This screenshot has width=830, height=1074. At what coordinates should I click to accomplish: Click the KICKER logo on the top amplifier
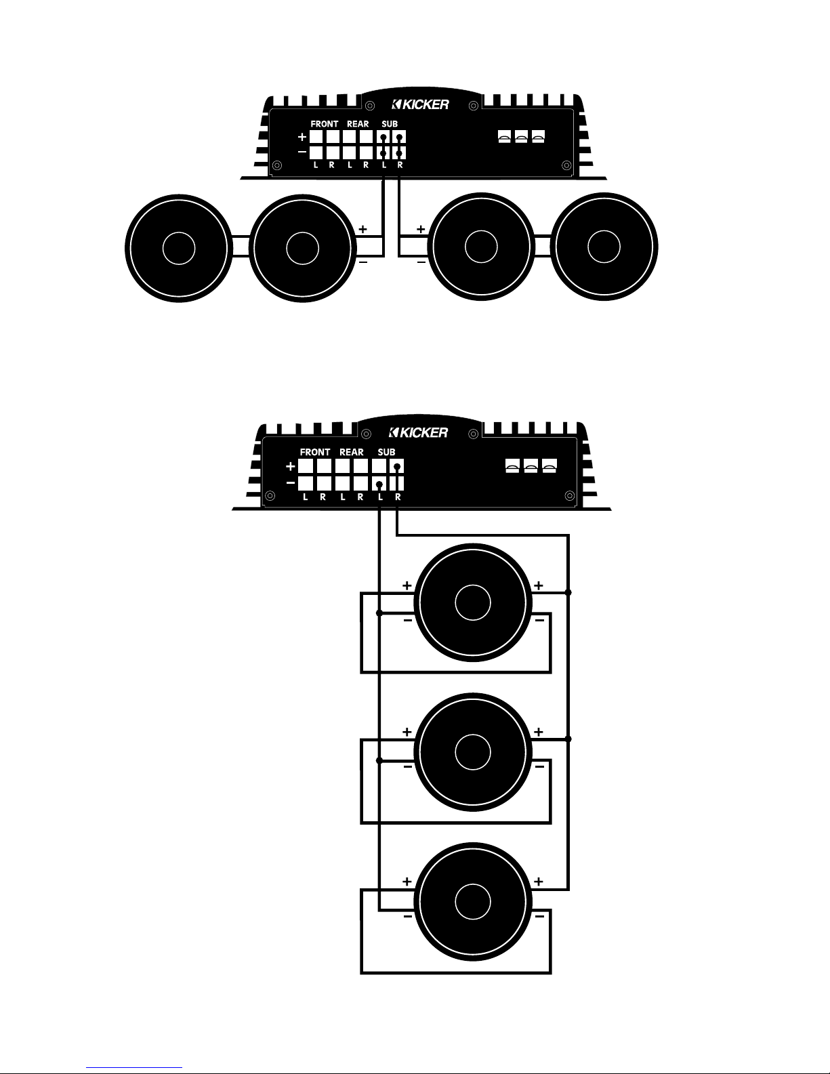421,104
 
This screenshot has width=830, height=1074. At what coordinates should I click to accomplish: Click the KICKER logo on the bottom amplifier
419,433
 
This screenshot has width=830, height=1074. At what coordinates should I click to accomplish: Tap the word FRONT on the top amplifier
325,124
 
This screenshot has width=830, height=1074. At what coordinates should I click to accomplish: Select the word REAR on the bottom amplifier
351,452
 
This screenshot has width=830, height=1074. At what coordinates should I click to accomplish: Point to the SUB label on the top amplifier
390,124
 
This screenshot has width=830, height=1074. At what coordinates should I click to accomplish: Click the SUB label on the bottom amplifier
386,452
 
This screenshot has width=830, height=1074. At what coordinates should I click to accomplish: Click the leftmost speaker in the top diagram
179,248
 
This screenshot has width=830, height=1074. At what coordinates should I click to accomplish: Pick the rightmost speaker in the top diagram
604,247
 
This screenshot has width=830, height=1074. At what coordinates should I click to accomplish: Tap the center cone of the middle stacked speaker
473,751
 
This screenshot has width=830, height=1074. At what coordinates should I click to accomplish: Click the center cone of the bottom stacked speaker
473,901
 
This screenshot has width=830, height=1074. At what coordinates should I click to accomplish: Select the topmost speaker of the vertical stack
473,602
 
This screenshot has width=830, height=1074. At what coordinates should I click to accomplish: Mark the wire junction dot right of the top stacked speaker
568,592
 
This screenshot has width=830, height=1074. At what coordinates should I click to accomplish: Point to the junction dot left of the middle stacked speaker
379,761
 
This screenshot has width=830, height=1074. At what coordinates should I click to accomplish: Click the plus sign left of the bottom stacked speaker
407,882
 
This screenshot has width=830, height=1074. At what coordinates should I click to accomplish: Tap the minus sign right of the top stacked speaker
539,620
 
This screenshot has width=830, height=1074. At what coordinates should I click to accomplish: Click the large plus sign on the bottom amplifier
291,466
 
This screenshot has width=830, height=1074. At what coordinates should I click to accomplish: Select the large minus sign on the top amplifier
302,152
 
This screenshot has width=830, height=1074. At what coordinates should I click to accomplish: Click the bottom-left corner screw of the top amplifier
277,165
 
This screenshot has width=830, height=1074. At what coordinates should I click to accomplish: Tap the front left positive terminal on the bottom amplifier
306,466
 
